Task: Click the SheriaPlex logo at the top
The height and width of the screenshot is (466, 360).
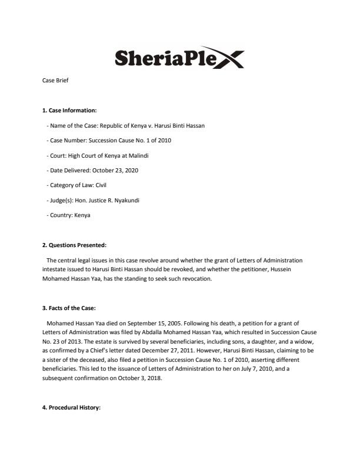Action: pyautogui.click(x=179, y=58)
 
